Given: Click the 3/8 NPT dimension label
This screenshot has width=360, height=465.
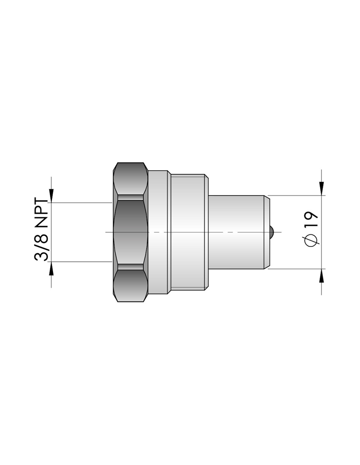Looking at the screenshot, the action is (41, 229).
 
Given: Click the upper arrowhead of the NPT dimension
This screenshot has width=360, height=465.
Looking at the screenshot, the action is (51, 196).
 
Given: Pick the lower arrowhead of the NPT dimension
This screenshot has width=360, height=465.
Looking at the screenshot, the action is (51, 268).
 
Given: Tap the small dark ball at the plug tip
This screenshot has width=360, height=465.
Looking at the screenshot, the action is (272, 232).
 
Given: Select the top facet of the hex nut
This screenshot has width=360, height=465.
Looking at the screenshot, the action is (131, 179).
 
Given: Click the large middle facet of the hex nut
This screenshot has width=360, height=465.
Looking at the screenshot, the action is (131, 232).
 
